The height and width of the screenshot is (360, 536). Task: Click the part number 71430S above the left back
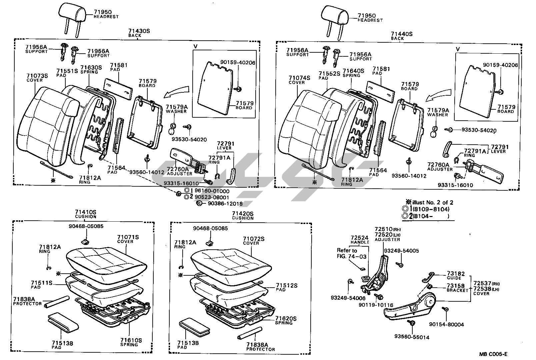coord(139,31)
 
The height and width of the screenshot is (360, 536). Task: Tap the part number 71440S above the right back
coord(402,34)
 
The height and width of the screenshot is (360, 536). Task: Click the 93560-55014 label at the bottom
coord(412,337)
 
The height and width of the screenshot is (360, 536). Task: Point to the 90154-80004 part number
coord(446,324)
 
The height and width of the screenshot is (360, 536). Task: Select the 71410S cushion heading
coord(85,214)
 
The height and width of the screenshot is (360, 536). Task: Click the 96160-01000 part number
coord(212,191)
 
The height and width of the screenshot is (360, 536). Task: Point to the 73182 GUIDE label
coord(454,275)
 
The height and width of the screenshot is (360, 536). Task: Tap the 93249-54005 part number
coord(401,251)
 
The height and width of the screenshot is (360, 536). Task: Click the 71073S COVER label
coord(37,78)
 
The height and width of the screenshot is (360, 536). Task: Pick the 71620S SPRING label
coord(286,321)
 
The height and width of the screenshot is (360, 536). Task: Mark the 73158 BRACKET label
coord(457,288)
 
